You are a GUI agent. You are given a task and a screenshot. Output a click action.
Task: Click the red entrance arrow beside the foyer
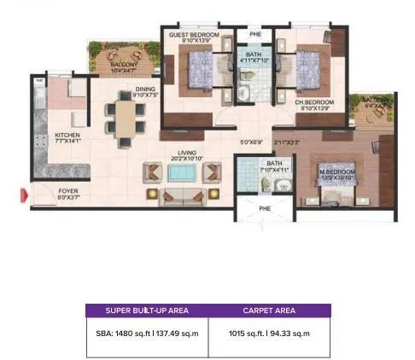tap(25, 198)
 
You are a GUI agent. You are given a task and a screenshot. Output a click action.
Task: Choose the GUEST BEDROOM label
tap(194, 35)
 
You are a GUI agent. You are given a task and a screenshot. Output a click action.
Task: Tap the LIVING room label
tap(182, 154)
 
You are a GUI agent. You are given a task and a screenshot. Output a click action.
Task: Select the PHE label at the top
tap(254, 35)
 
